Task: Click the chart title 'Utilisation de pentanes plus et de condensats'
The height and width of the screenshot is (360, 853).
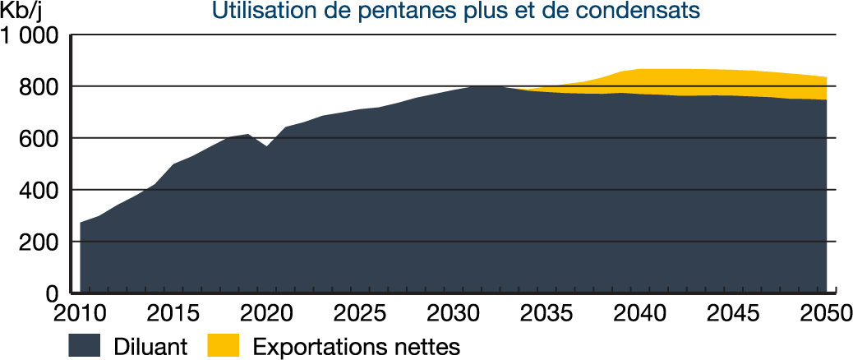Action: point(456,12)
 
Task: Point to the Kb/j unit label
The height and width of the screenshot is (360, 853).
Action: point(24,12)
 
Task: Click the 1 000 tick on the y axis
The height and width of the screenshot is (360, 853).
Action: point(30,36)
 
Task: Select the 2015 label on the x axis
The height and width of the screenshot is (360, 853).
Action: point(173,315)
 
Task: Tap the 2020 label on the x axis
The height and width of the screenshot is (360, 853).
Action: point(266,315)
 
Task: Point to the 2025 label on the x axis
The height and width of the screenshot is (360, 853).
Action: point(360,315)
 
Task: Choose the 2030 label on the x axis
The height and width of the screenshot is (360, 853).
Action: point(454,315)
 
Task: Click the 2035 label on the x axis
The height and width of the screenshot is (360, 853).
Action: point(546,315)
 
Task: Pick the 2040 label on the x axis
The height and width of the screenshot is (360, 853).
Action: point(640,315)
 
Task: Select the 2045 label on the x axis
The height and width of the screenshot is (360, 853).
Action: point(734,315)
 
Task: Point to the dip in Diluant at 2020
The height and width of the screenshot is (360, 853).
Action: point(266,147)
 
